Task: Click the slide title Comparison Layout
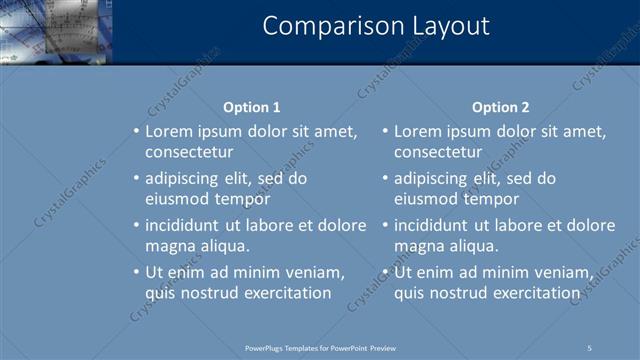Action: click(376, 26)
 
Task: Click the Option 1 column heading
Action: click(251, 107)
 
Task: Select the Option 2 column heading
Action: click(501, 107)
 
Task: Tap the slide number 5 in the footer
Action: click(590, 348)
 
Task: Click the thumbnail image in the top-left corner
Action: click(56, 30)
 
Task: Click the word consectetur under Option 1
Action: click(189, 153)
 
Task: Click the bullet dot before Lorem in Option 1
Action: click(137, 131)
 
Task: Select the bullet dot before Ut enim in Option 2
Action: click(386, 272)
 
